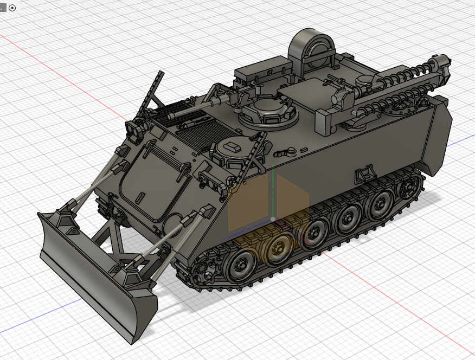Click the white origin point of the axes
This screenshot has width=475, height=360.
(273, 219)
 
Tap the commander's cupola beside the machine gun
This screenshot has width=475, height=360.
(269, 112)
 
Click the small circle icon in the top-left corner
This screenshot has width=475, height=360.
(12, 8)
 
